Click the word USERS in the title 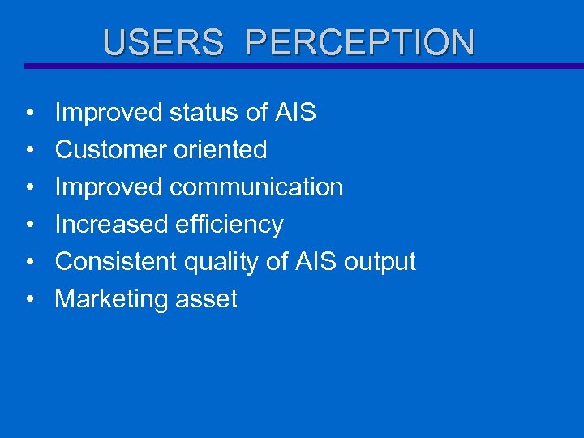coord(163,43)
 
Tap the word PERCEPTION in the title coord(359,43)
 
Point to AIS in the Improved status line coord(294,113)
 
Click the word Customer coord(109,150)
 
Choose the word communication coord(256,187)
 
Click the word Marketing coord(109,300)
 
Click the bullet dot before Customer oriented coord(28,151)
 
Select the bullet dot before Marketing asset coord(28,300)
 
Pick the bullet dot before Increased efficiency coord(28,225)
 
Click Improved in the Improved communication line coord(108,187)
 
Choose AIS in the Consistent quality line coord(313,262)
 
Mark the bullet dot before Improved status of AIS coord(28,114)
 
